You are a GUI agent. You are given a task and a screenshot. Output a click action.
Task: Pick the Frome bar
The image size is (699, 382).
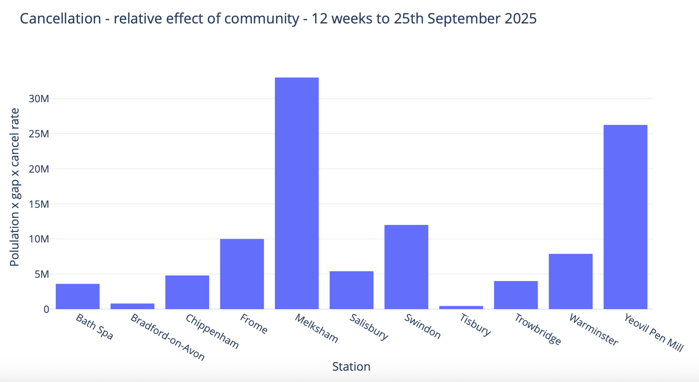pos(242,274)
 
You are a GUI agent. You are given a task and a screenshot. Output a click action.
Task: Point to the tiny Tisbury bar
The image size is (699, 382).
pos(461,307)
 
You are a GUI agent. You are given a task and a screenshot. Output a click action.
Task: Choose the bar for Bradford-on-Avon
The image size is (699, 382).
pos(132,306)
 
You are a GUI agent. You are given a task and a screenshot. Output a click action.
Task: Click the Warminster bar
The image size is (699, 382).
pos(570,281)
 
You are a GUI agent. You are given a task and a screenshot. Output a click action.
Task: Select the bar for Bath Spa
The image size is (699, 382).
pos(78,297)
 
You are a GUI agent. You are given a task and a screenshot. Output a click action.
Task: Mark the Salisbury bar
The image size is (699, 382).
pos(352,290)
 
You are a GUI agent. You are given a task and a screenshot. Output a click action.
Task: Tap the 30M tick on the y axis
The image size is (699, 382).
pos(39,99)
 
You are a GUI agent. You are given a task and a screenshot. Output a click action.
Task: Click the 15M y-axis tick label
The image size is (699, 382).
pos(39,204)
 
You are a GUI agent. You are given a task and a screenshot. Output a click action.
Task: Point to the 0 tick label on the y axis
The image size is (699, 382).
pos(46,310)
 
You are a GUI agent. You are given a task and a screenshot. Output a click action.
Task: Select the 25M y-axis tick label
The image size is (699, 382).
pos(39,134)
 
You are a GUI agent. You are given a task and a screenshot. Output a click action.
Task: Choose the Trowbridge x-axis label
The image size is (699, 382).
pos(538,330)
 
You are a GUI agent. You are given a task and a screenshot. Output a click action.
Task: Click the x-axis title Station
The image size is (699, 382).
pos(351,367)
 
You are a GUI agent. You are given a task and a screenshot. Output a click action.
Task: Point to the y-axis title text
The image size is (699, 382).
pos(15,187)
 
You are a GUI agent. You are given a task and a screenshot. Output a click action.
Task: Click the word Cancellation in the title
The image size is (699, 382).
pos(61,19)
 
